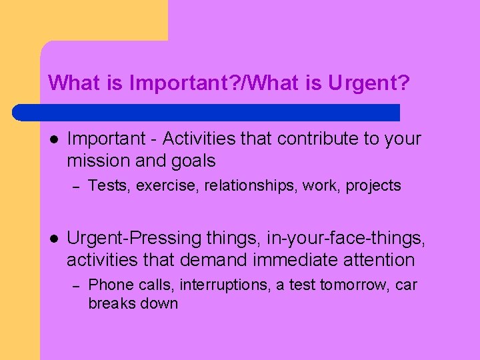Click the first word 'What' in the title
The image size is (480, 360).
click(70, 83)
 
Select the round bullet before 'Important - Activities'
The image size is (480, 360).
click(54, 139)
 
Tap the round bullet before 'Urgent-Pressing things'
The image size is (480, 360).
click(54, 237)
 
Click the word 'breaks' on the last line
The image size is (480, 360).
click(110, 304)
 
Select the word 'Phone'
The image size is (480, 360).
click(109, 285)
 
